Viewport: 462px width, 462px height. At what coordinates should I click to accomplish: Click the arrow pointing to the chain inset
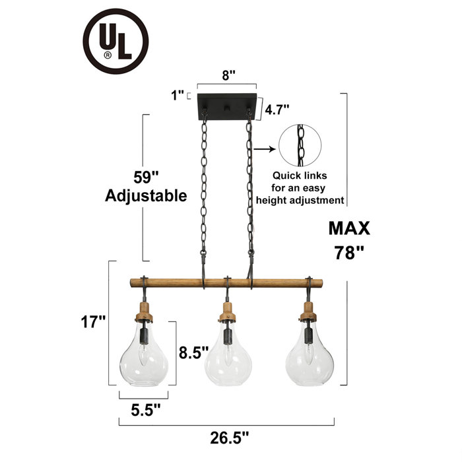[x=263, y=149]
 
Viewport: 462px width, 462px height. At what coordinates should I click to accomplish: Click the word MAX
[x=349, y=228]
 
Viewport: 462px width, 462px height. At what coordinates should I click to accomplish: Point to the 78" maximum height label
[x=349, y=253]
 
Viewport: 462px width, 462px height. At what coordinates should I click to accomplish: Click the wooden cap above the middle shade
[x=228, y=310]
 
